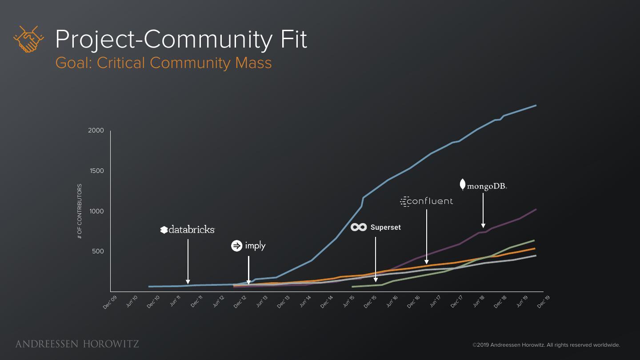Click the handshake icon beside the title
tap(28, 39)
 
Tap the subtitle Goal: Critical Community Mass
tap(164, 63)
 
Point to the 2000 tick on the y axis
tap(96, 131)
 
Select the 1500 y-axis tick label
tap(96, 171)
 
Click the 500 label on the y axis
tap(98, 252)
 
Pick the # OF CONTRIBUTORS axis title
tap(80, 211)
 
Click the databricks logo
tap(188, 230)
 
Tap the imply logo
tap(248, 246)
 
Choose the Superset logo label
tap(376, 228)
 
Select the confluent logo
tap(426, 201)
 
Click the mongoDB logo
tap(483, 185)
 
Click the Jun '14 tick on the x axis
tap(305, 302)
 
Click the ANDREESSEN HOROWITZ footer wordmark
tap(77, 344)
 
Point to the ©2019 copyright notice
tap(546, 345)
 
